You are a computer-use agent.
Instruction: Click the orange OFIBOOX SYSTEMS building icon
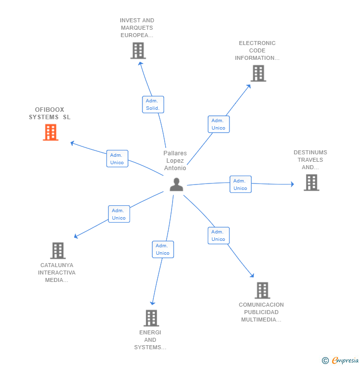[50, 133]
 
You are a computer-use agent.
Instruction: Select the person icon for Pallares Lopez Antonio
[176, 184]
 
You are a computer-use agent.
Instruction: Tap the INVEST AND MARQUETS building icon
[138, 50]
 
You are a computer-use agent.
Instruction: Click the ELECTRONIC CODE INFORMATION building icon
[258, 73]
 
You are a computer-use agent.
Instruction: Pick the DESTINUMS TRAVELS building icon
[311, 183]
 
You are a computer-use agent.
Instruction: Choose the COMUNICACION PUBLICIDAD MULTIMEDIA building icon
[262, 290]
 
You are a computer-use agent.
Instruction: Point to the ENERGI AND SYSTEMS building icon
[151, 318]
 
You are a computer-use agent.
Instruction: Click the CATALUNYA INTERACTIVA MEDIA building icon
[58, 251]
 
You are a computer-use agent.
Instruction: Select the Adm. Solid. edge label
[153, 104]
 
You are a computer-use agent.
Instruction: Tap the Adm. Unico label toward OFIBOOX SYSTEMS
[117, 159]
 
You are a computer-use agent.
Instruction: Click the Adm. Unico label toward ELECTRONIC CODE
[219, 124]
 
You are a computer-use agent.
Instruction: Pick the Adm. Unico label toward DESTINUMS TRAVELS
[240, 184]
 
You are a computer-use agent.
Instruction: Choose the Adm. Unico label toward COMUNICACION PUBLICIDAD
[219, 235]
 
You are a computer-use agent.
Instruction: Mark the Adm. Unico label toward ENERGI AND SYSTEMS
[163, 249]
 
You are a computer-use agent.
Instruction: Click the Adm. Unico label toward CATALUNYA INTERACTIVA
[119, 214]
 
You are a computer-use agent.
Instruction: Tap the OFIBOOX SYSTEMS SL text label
[49, 113]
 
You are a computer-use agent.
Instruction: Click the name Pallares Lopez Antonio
[175, 161]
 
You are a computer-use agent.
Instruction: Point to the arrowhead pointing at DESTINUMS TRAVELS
[292, 184]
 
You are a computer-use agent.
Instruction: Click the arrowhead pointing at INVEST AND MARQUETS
[140, 63]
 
